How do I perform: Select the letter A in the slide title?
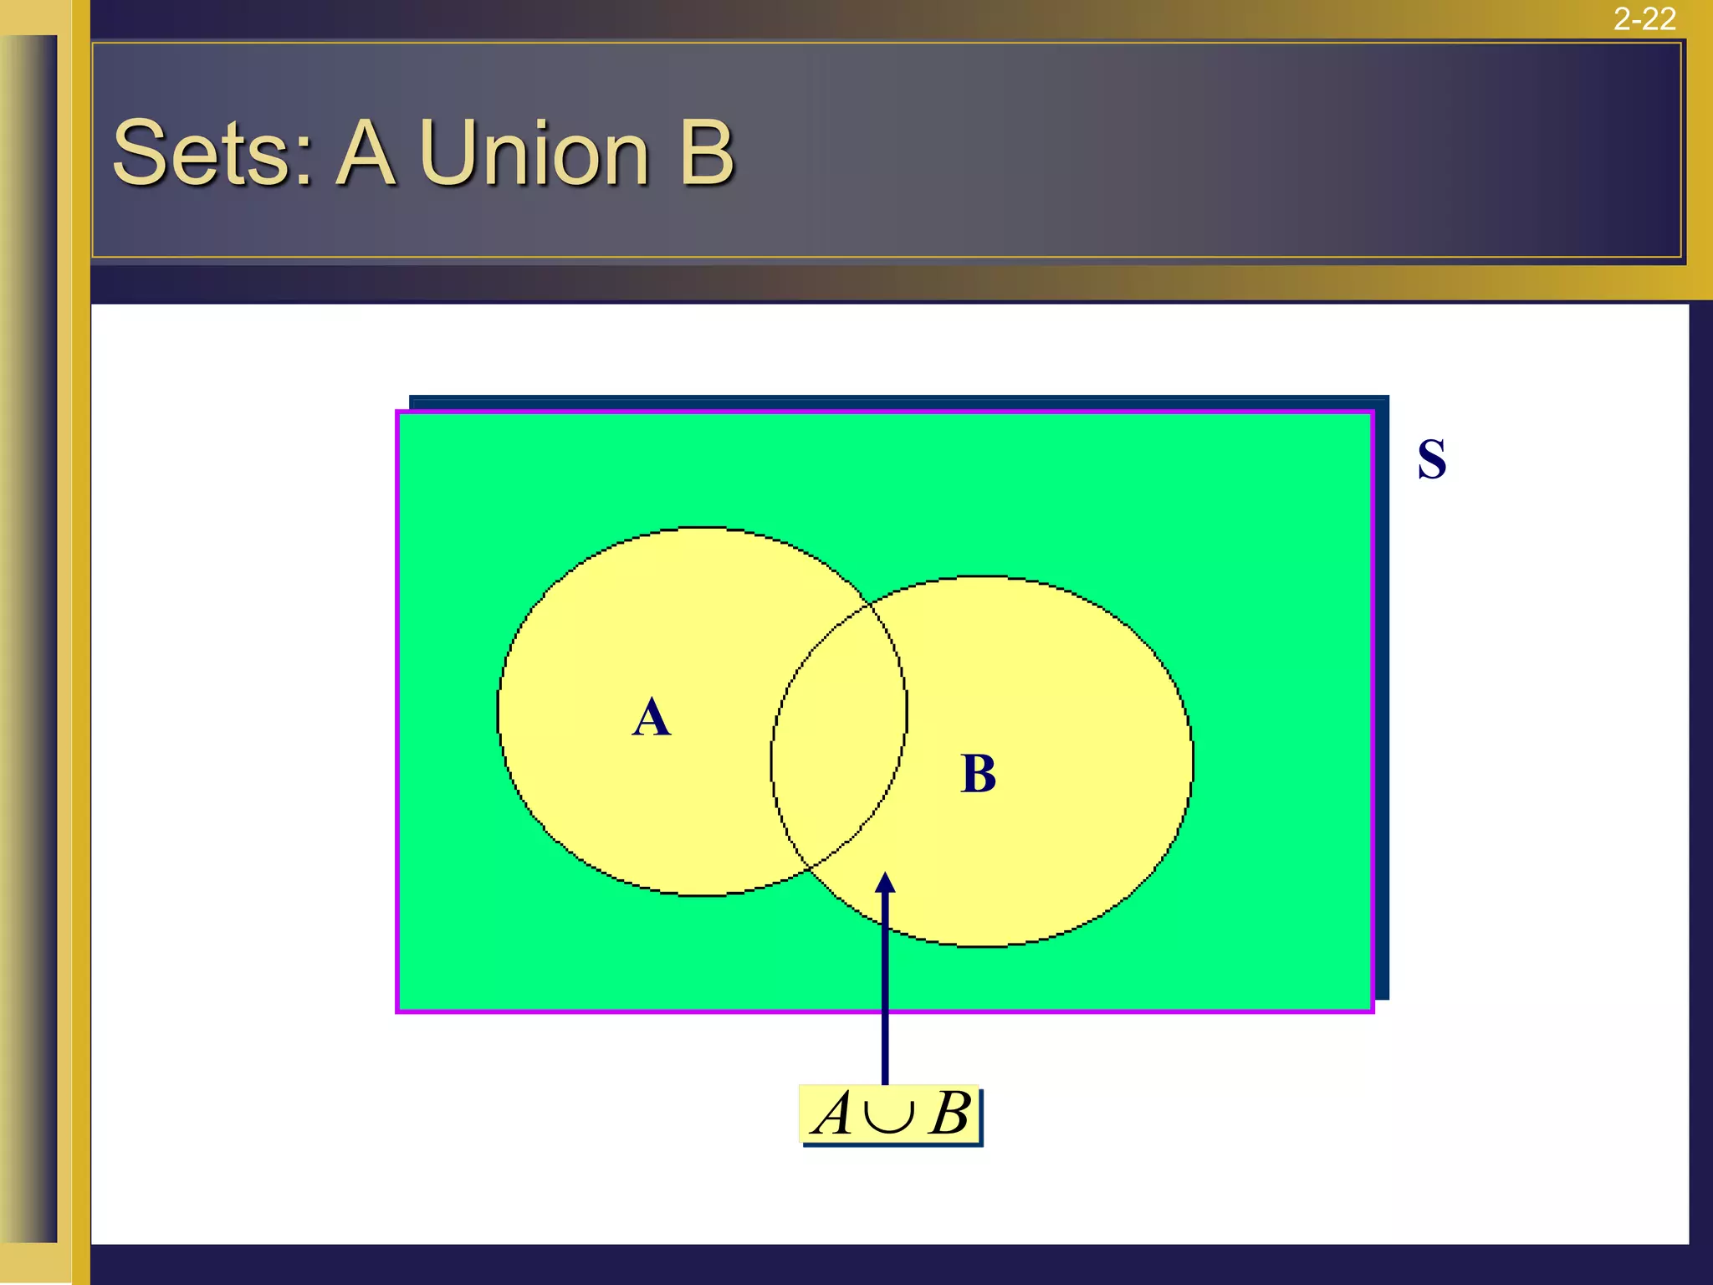click(x=366, y=153)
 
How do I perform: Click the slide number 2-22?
click(x=1644, y=18)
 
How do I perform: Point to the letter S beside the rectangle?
click(x=1432, y=459)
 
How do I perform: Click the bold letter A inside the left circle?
click(x=652, y=718)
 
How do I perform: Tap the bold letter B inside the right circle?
click(x=979, y=774)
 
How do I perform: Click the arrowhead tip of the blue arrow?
click(x=885, y=874)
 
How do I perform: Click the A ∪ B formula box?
click(x=891, y=1114)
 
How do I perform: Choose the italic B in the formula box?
click(x=950, y=1114)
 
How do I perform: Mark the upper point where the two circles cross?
click(x=870, y=602)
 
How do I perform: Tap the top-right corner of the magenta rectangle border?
click(x=1372, y=412)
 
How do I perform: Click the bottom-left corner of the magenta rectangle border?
click(x=398, y=1011)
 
